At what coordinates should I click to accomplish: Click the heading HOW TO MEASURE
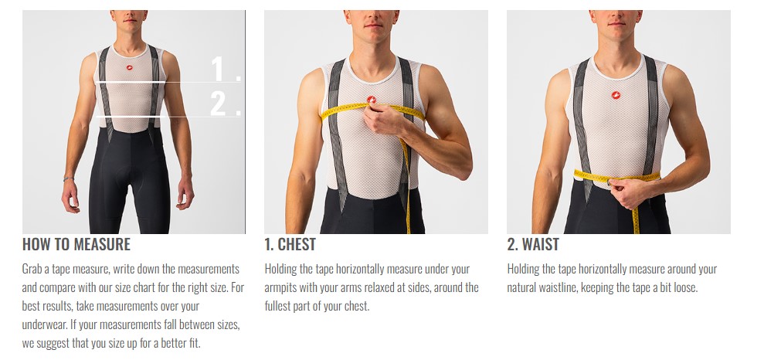[76, 244]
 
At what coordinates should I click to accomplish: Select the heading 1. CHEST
[290, 244]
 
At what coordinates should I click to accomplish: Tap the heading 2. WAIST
[532, 244]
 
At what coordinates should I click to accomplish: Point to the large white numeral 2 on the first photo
[221, 104]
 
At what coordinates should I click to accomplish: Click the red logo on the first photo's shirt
[130, 68]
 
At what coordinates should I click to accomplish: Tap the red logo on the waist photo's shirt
[616, 94]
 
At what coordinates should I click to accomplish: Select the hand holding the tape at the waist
[630, 191]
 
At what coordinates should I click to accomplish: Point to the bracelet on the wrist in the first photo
[68, 179]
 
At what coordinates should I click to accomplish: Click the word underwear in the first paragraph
[46, 324]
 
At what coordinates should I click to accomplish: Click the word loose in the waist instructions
[684, 287]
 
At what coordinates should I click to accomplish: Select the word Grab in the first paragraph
[32, 269]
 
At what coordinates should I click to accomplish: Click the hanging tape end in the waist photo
[635, 219]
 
